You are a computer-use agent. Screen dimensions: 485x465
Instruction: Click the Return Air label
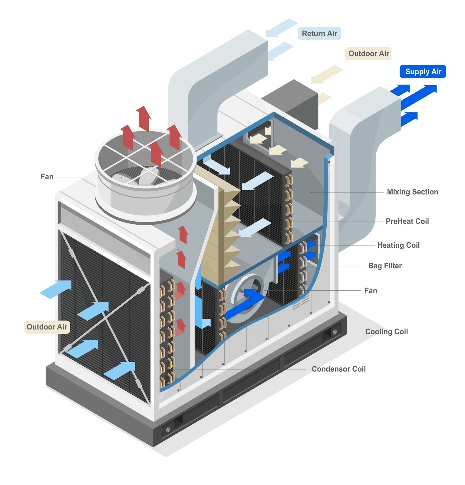pos(319,33)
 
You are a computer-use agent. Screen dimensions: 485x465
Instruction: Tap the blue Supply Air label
pos(423,72)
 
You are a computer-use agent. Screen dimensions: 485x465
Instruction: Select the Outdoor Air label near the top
pos(368,54)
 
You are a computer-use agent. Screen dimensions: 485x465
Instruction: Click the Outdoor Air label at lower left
pos(47,327)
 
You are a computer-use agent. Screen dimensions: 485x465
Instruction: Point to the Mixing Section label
pos(412,192)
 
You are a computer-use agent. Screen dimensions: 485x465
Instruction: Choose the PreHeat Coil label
pos(407,221)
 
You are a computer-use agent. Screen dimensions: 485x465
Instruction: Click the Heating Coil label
pos(398,245)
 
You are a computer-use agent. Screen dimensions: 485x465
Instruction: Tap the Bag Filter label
pos(385,266)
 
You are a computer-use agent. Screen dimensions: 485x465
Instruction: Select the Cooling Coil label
pos(387,332)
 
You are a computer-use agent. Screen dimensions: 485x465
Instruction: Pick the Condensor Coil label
pos(338,369)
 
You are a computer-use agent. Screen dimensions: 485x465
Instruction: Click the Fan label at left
pos(47,177)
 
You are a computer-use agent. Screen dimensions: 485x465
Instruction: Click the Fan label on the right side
pos(371,291)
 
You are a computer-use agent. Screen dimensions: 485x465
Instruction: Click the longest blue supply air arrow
pos(419,97)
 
